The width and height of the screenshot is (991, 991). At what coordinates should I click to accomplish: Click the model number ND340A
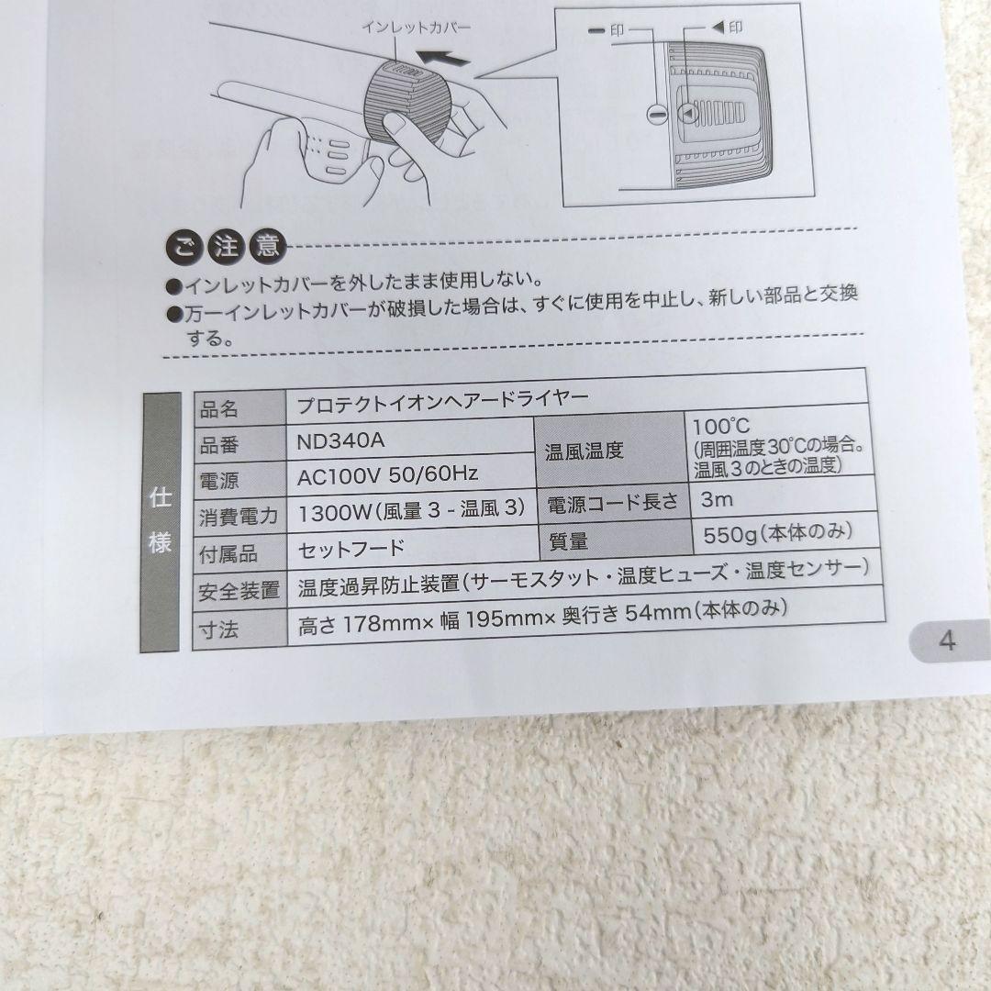click(x=340, y=440)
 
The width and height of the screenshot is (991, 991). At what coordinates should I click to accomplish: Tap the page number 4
click(x=947, y=640)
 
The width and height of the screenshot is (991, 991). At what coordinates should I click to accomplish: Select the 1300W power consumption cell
click(x=411, y=511)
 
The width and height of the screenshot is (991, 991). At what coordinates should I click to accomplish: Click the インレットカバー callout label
click(x=416, y=27)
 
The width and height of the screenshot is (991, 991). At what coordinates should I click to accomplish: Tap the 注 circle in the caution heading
click(x=226, y=246)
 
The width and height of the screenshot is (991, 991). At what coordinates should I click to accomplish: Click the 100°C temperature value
click(x=721, y=427)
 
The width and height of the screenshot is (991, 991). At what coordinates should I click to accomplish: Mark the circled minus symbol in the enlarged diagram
click(x=657, y=114)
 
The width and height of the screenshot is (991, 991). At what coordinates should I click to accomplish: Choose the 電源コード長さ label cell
click(x=612, y=503)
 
